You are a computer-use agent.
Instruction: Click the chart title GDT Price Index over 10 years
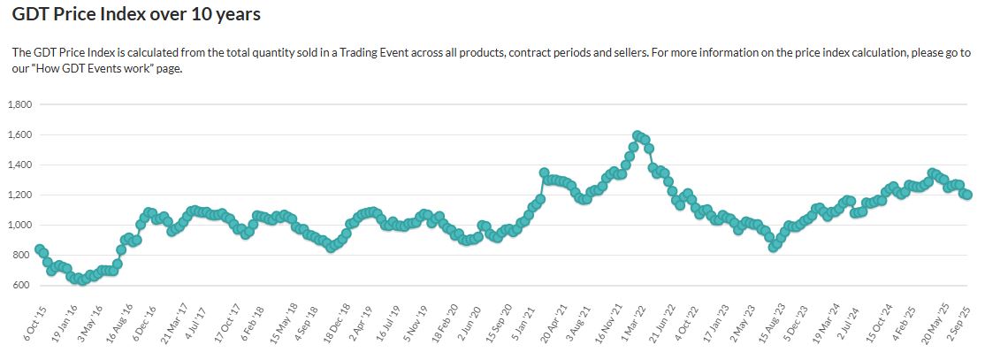coord(136,15)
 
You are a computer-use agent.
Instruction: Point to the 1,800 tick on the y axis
coord(19,104)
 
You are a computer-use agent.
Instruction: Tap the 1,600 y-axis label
coord(19,134)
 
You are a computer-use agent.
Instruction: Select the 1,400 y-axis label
coord(19,165)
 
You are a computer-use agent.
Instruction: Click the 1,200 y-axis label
coord(19,195)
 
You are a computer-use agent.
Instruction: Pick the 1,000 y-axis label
coord(19,225)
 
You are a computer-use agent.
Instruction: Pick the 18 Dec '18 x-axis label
coord(339,325)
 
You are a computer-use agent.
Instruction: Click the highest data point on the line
coord(638,135)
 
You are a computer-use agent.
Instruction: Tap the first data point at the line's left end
coord(39,249)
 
